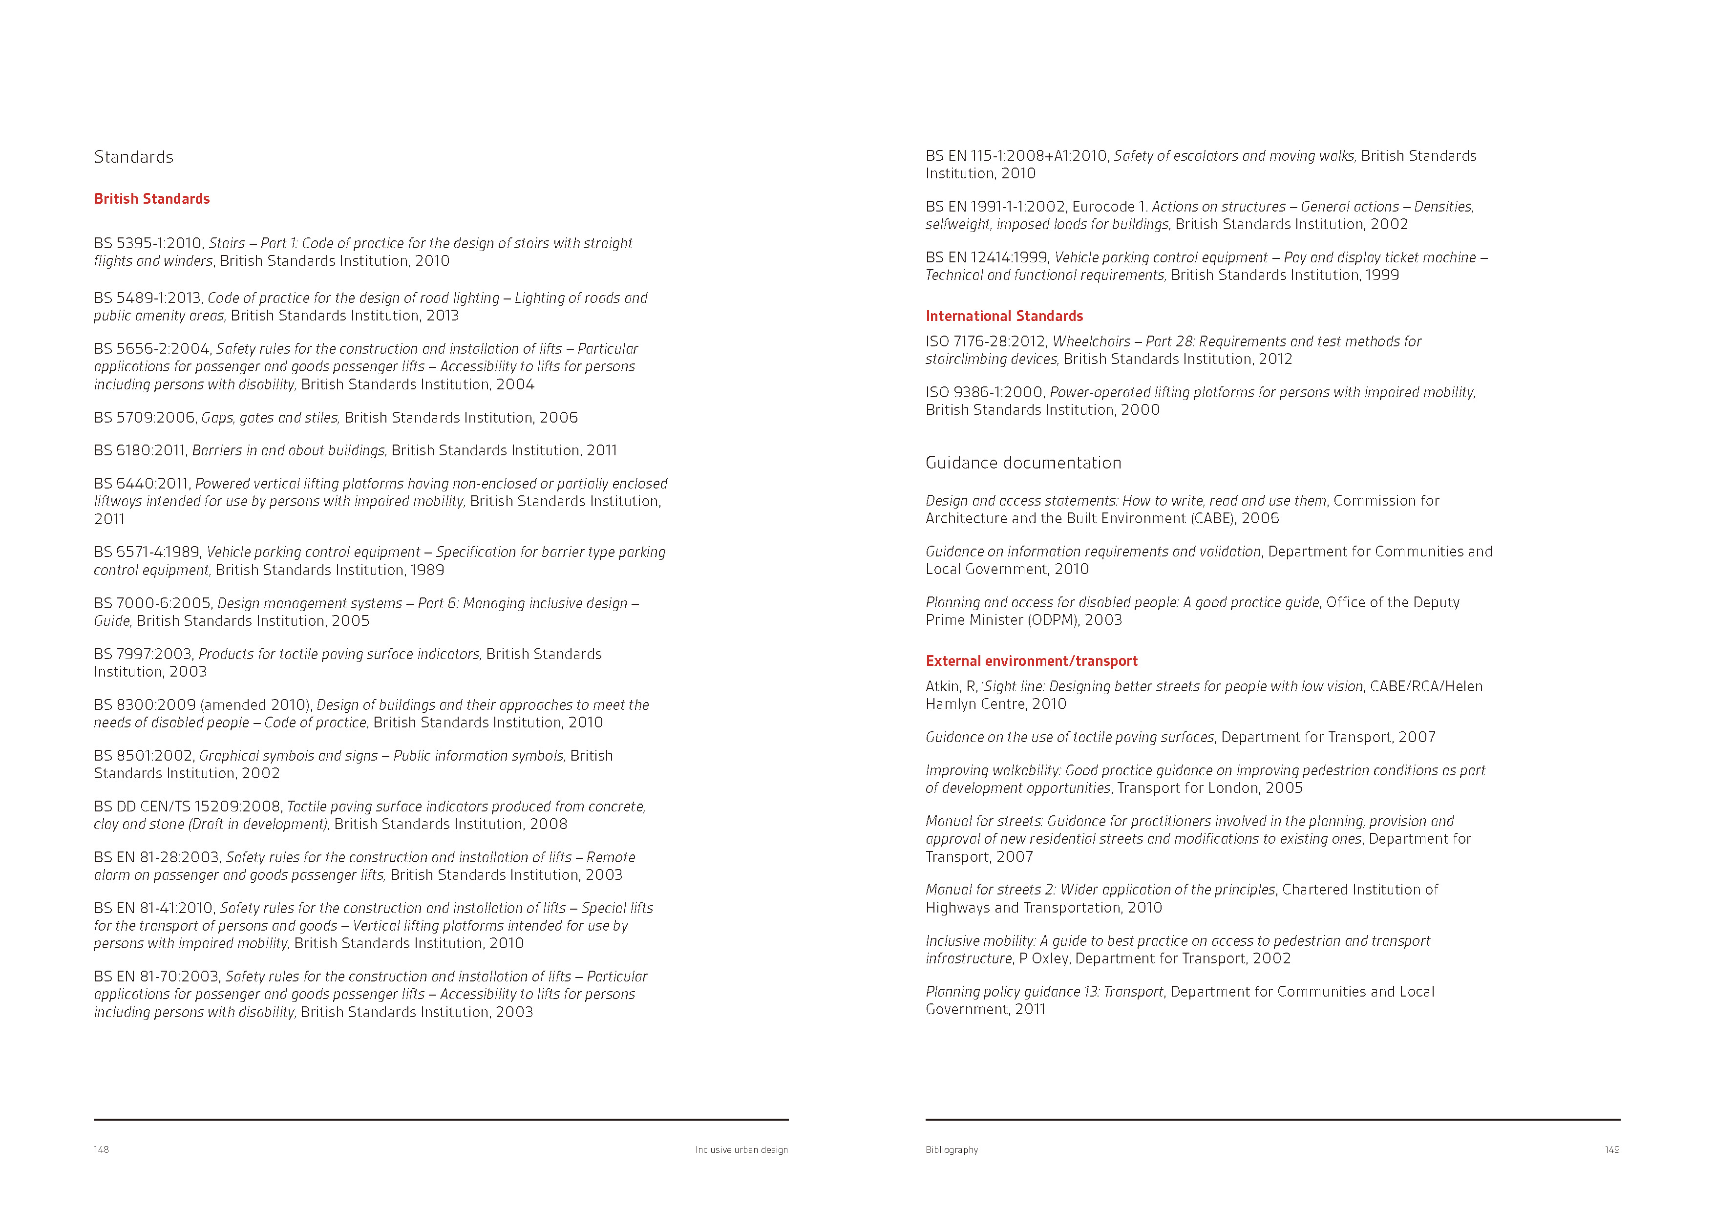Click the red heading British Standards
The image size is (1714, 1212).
tap(151, 199)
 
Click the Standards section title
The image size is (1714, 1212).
tap(134, 157)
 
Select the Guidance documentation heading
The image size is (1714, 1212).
tap(1023, 463)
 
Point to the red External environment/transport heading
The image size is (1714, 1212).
tap(1031, 661)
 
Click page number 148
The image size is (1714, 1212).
tap(102, 1149)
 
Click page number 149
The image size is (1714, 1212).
tap(1612, 1149)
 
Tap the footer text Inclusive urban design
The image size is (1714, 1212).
tap(741, 1149)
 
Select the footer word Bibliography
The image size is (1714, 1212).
tap(951, 1149)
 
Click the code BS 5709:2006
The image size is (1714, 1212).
tap(146, 418)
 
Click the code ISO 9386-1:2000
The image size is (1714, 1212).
tap(984, 392)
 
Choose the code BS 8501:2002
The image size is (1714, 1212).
tap(143, 756)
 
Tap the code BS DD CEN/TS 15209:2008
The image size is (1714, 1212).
tap(187, 807)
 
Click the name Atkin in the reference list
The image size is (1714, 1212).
tap(942, 686)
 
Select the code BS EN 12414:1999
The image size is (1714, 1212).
tap(986, 257)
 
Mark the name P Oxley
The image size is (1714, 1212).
tap(1044, 958)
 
